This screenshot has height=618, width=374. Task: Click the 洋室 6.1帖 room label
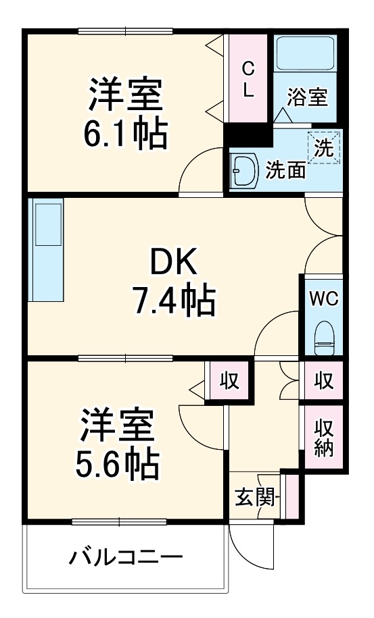126,115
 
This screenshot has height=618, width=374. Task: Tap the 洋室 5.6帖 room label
119,443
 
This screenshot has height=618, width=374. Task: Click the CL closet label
249,80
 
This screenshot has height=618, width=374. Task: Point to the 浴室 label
308,97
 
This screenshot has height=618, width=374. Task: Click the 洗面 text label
285,170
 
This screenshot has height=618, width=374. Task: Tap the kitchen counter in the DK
47,249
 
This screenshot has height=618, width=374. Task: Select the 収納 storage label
323,438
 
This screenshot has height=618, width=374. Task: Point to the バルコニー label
126,558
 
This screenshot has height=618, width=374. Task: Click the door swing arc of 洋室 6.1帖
200,172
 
